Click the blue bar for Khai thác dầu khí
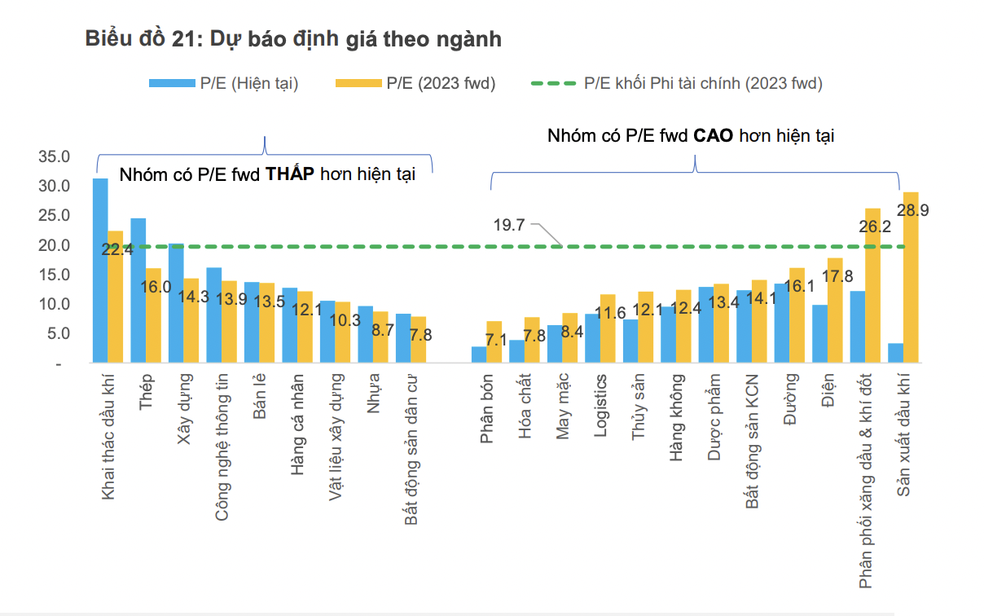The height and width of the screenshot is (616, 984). point(100,269)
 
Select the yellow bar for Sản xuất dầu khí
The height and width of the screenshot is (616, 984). point(911,277)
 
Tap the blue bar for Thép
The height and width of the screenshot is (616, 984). point(138,289)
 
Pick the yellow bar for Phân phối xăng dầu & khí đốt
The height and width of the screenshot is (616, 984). point(872,285)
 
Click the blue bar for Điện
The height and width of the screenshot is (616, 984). point(819,333)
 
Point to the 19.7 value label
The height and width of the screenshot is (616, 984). point(509,225)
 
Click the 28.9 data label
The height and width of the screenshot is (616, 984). point(912,210)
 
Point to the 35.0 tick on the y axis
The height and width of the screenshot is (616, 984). point(55,156)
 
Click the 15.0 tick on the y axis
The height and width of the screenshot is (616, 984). point(55,275)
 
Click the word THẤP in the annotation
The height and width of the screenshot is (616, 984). point(290,174)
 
